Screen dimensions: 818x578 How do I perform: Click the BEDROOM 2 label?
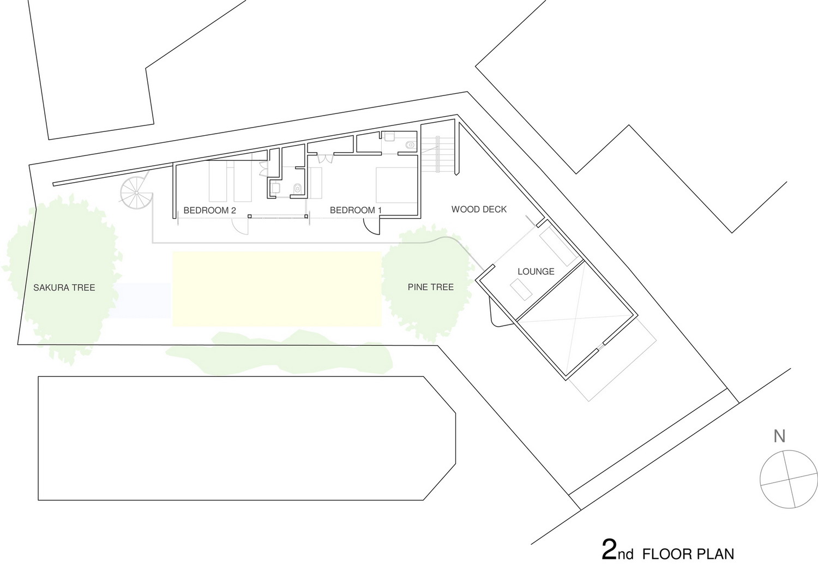click(x=209, y=210)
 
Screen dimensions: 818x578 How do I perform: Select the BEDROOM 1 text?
click(x=356, y=210)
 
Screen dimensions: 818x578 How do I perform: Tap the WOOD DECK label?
click(x=479, y=209)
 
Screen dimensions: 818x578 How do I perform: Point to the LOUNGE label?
click(x=536, y=272)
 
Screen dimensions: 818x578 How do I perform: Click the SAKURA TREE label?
click(x=64, y=288)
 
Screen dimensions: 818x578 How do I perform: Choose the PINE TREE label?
click(x=431, y=287)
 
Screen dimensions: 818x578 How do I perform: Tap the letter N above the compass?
click(x=779, y=436)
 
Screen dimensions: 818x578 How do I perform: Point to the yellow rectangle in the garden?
click(x=277, y=288)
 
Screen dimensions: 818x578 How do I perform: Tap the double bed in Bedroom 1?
click(x=396, y=185)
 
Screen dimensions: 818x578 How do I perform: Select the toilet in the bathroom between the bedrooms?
click(x=298, y=189)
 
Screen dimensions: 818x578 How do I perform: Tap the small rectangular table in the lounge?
click(x=522, y=290)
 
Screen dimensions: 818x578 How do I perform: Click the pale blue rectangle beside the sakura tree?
click(x=142, y=300)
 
